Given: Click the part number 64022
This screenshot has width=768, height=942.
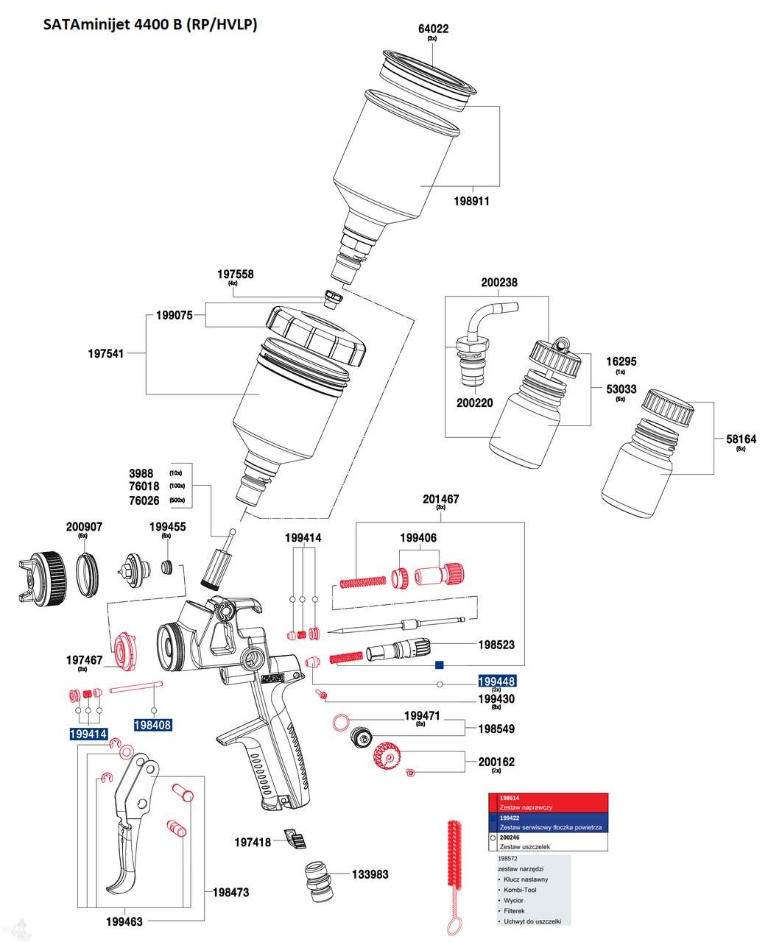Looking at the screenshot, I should pyautogui.click(x=433, y=29).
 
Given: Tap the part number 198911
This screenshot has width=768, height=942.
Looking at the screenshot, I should pyautogui.click(x=471, y=201).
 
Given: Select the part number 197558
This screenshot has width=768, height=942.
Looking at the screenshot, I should pyautogui.click(x=235, y=274).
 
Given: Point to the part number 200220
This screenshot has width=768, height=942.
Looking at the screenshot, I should pyautogui.click(x=475, y=403).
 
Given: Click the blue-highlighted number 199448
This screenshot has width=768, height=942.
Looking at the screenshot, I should pyautogui.click(x=496, y=681).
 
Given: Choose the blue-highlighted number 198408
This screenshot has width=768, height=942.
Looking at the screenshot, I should pyautogui.click(x=152, y=725).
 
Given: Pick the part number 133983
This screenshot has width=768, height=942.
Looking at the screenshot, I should pyautogui.click(x=370, y=874).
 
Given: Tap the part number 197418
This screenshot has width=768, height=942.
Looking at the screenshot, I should pyautogui.click(x=253, y=842).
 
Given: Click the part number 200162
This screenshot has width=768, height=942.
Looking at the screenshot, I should pyautogui.click(x=496, y=762).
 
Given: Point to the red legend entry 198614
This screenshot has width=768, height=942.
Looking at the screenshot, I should pyautogui.click(x=510, y=798).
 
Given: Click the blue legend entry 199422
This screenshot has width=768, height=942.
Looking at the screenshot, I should pyautogui.click(x=510, y=818).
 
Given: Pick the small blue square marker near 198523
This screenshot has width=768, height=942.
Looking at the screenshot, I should pyautogui.click(x=439, y=665).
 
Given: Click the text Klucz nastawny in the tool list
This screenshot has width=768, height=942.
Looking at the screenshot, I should pyautogui.click(x=526, y=879).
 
